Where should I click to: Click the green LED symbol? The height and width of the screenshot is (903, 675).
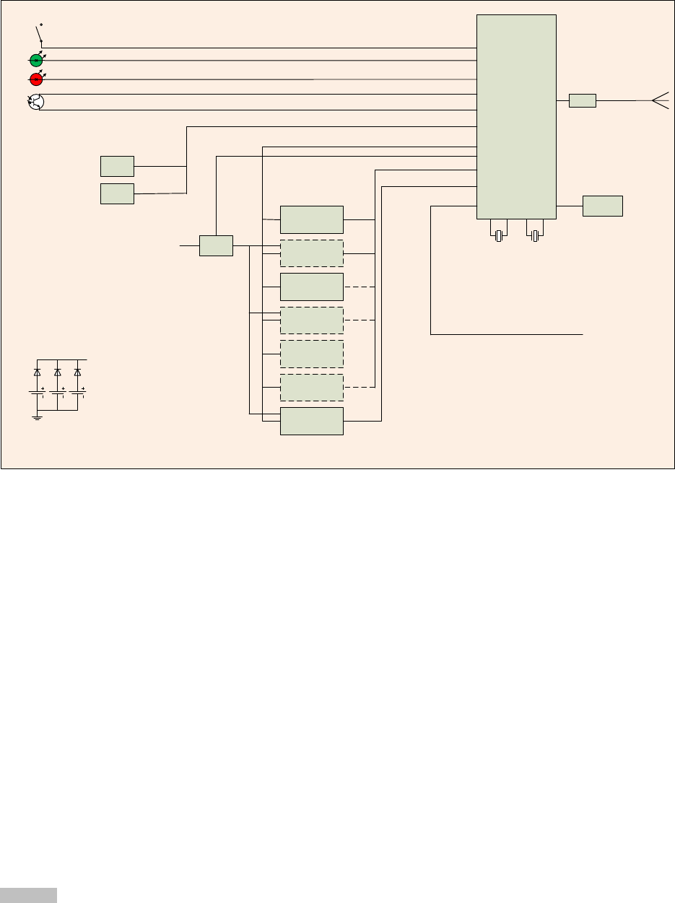(x=36, y=61)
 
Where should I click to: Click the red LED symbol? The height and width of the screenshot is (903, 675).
(x=36, y=79)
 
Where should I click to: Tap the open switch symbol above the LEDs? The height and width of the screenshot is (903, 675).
(x=39, y=32)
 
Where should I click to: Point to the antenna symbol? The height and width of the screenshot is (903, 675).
(x=659, y=101)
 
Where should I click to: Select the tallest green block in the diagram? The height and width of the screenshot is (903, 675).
(x=516, y=116)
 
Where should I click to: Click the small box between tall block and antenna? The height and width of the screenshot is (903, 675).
(x=582, y=101)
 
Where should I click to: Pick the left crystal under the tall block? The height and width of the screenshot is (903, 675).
(x=498, y=235)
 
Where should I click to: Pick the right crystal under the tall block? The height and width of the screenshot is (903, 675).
(x=534, y=235)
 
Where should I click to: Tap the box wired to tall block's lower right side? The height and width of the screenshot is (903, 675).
(x=602, y=206)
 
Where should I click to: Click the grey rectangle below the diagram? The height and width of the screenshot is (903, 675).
(x=28, y=894)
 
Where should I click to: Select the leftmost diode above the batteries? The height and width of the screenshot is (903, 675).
(x=38, y=372)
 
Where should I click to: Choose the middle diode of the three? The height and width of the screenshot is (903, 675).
(x=57, y=372)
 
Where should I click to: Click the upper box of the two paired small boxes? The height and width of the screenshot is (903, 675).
(x=117, y=166)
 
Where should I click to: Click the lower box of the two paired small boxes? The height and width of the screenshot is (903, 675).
(x=117, y=193)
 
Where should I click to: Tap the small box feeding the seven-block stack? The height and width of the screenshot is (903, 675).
(x=216, y=245)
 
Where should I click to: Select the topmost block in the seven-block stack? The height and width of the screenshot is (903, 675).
(x=311, y=219)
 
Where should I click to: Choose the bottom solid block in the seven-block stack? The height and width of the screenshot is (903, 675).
(x=311, y=421)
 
